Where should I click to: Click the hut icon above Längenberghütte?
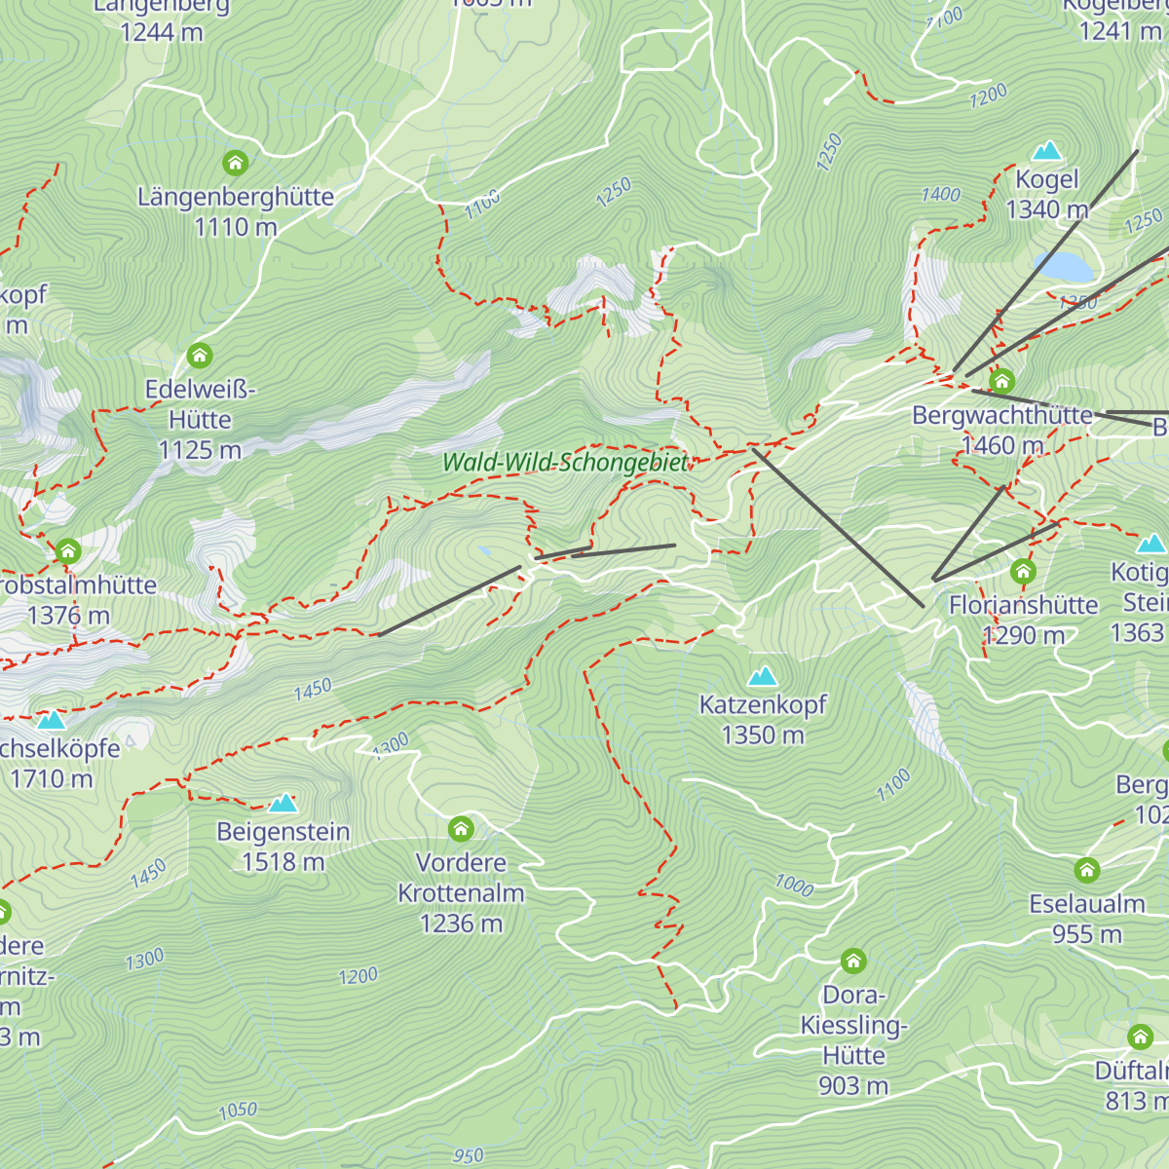(235, 163)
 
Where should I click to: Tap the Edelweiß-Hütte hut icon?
(200, 355)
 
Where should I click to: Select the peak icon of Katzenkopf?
(763, 675)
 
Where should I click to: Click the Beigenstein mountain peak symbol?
(283, 803)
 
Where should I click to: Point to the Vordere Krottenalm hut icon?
(461, 829)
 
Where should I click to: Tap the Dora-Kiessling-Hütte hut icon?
(853, 962)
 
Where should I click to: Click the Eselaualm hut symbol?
(1087, 870)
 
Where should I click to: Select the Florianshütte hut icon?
(1023, 571)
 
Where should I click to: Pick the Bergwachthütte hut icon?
(1001, 381)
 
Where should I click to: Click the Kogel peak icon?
(1046, 151)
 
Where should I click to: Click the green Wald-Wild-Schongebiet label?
(565, 463)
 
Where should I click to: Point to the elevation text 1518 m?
(283, 862)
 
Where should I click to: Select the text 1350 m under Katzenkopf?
(763, 735)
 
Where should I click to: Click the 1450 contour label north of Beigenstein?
(313, 690)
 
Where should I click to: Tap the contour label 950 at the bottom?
(468, 1155)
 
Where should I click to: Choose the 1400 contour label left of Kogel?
(940, 195)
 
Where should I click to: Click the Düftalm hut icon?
(1140, 1037)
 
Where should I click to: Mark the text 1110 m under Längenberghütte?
(236, 227)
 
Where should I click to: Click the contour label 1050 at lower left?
(238, 1111)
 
